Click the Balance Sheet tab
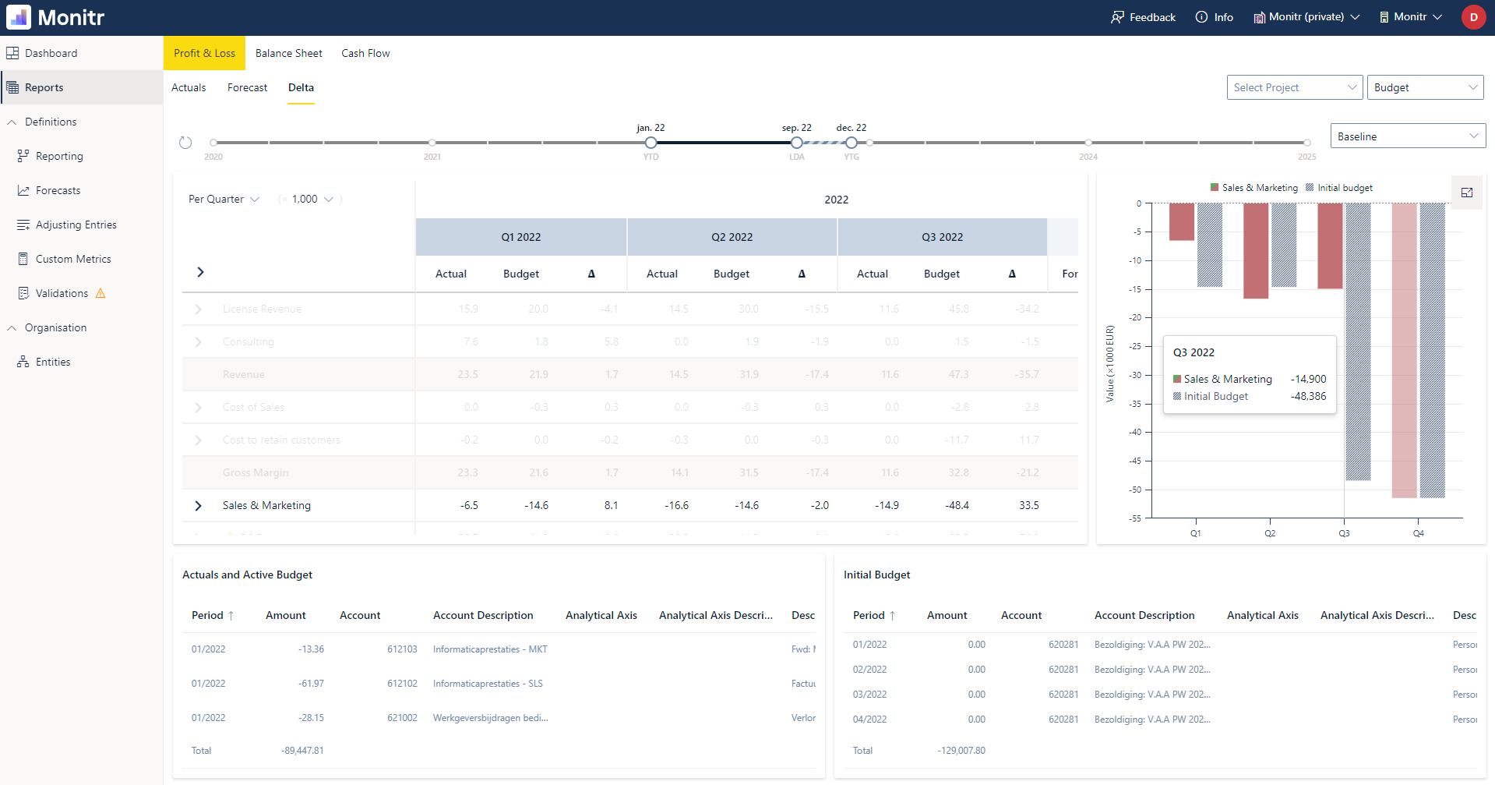(x=288, y=53)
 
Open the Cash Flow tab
(x=365, y=53)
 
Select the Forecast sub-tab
(x=247, y=87)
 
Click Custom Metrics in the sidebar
(x=73, y=259)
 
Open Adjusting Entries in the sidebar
(x=76, y=225)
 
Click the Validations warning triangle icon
(x=100, y=294)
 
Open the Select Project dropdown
(x=1293, y=87)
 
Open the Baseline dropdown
(x=1407, y=136)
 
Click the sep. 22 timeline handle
(x=796, y=143)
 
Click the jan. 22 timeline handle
(x=651, y=143)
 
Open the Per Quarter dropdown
(x=224, y=199)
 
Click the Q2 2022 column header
(x=732, y=237)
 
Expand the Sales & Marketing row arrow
(x=198, y=505)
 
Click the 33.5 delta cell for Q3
(x=1028, y=505)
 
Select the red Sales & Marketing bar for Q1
(x=1181, y=221)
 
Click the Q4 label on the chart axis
(x=1418, y=533)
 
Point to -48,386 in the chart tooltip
(x=1308, y=396)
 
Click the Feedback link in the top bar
(x=1143, y=17)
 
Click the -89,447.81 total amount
(x=302, y=751)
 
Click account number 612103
(x=402, y=649)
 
